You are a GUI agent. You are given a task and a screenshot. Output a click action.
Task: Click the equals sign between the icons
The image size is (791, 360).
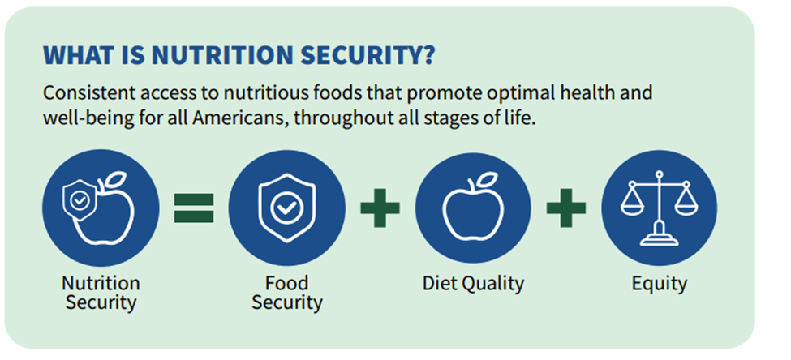pyautogui.click(x=194, y=208)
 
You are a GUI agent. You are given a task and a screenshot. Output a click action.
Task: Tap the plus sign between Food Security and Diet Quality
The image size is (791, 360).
pyautogui.click(x=380, y=208)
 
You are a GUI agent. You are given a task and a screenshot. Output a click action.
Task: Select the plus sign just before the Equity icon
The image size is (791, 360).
pyautogui.click(x=566, y=208)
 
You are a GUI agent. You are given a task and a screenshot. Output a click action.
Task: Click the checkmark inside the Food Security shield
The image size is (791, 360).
pyautogui.click(x=287, y=208)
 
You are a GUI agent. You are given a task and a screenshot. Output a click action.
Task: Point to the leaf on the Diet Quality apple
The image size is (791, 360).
pyautogui.click(x=488, y=179)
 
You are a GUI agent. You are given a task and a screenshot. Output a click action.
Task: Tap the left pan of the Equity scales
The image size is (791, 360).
pyautogui.click(x=632, y=204)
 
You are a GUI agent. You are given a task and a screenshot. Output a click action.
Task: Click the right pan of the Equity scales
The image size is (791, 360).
pyautogui.click(x=686, y=204)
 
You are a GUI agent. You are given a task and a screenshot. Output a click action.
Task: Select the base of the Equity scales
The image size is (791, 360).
pyautogui.click(x=659, y=237)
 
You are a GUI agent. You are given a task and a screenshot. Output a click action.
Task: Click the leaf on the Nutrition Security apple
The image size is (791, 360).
pyautogui.click(x=115, y=179)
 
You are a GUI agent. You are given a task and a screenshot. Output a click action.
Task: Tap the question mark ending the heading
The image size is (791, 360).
pyautogui.click(x=428, y=55)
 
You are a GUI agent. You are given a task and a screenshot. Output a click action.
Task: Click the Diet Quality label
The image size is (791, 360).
pyautogui.click(x=473, y=284)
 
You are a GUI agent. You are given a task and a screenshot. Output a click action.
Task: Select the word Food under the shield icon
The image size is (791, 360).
pyautogui.click(x=286, y=283)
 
